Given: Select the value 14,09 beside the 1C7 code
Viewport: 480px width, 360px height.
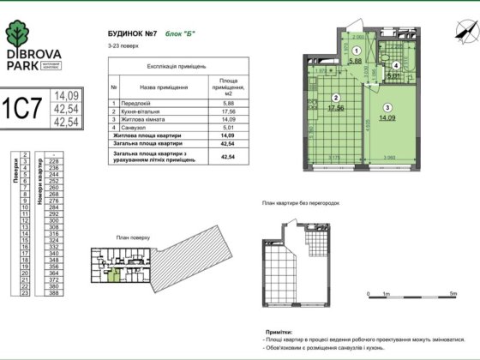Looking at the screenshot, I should point(66,96).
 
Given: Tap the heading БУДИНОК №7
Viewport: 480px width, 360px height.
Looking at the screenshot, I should point(129,34).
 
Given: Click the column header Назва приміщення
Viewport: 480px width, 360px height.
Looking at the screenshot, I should point(155,87).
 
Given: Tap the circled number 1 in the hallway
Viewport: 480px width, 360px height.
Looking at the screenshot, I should point(355,51).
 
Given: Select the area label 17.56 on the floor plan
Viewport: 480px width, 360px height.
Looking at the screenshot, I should point(336,108).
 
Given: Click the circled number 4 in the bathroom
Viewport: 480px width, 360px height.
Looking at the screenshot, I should point(395,65).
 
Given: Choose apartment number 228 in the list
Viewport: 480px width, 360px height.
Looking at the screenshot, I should point(54,160).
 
